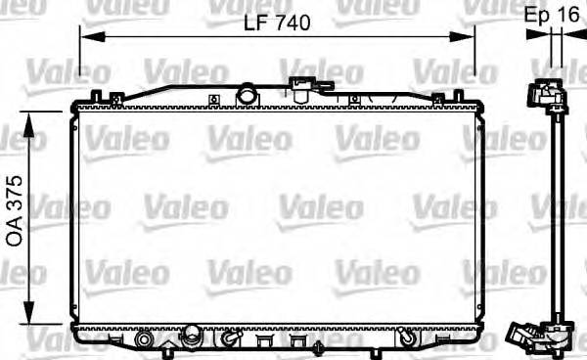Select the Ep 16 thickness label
551,17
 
